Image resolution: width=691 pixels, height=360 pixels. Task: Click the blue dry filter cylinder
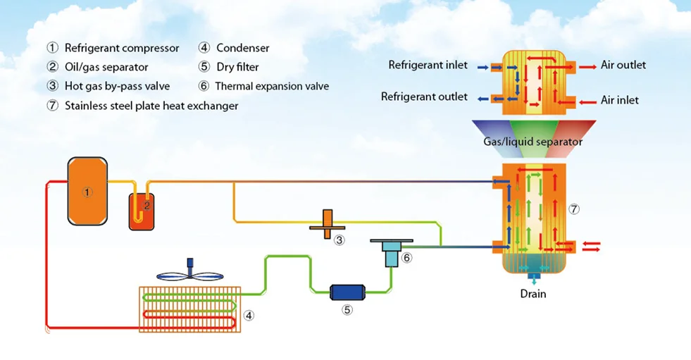coord(348,291)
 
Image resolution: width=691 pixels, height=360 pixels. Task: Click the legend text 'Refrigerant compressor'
coord(122,49)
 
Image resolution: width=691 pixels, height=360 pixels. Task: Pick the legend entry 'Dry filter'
coord(237,68)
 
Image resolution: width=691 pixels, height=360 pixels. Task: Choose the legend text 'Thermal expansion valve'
coord(272,87)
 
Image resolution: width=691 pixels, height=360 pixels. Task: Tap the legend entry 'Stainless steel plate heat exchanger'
coord(151,106)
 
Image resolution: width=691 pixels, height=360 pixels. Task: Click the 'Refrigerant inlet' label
coord(428,66)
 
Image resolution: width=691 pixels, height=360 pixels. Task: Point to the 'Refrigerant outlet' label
coord(424,97)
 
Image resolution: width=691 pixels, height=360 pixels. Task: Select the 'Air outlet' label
coord(623,66)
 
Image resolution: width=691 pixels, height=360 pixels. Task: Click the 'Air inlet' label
coord(620,100)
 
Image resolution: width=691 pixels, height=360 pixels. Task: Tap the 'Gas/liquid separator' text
coord(533,142)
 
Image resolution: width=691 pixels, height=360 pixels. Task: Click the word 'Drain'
coord(533,294)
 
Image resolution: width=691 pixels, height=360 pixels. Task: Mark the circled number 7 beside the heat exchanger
coord(574,209)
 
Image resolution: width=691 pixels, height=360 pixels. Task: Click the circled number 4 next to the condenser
coord(249,315)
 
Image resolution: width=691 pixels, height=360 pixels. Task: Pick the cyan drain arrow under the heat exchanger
coord(533,279)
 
